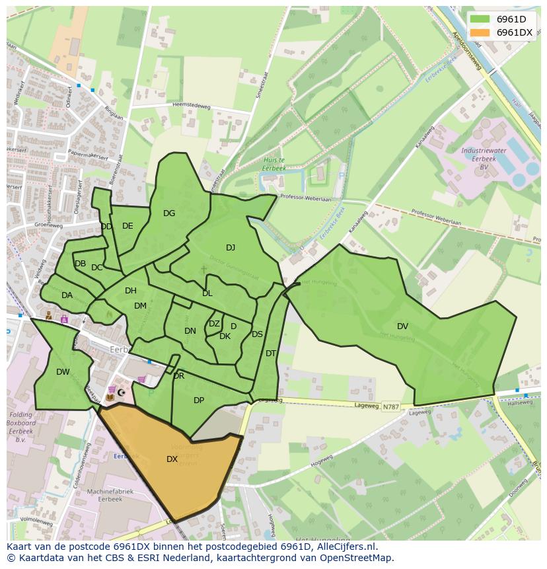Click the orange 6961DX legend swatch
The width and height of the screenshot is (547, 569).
480,32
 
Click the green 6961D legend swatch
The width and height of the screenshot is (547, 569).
480,19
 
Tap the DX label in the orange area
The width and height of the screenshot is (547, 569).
172,459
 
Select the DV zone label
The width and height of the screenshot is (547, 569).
402,326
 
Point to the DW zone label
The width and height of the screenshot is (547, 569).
63,372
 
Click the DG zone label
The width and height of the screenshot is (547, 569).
169,213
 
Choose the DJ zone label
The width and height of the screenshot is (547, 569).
231,248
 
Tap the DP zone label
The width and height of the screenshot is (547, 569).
199,400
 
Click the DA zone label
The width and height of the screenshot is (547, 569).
67,295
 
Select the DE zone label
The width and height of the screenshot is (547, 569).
128,226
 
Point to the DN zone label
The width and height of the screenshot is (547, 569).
190,331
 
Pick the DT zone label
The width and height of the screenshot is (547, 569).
270,354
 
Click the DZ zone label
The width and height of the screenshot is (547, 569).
214,324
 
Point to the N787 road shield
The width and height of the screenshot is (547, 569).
390,408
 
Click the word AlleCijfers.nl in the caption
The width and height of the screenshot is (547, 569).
344,547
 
